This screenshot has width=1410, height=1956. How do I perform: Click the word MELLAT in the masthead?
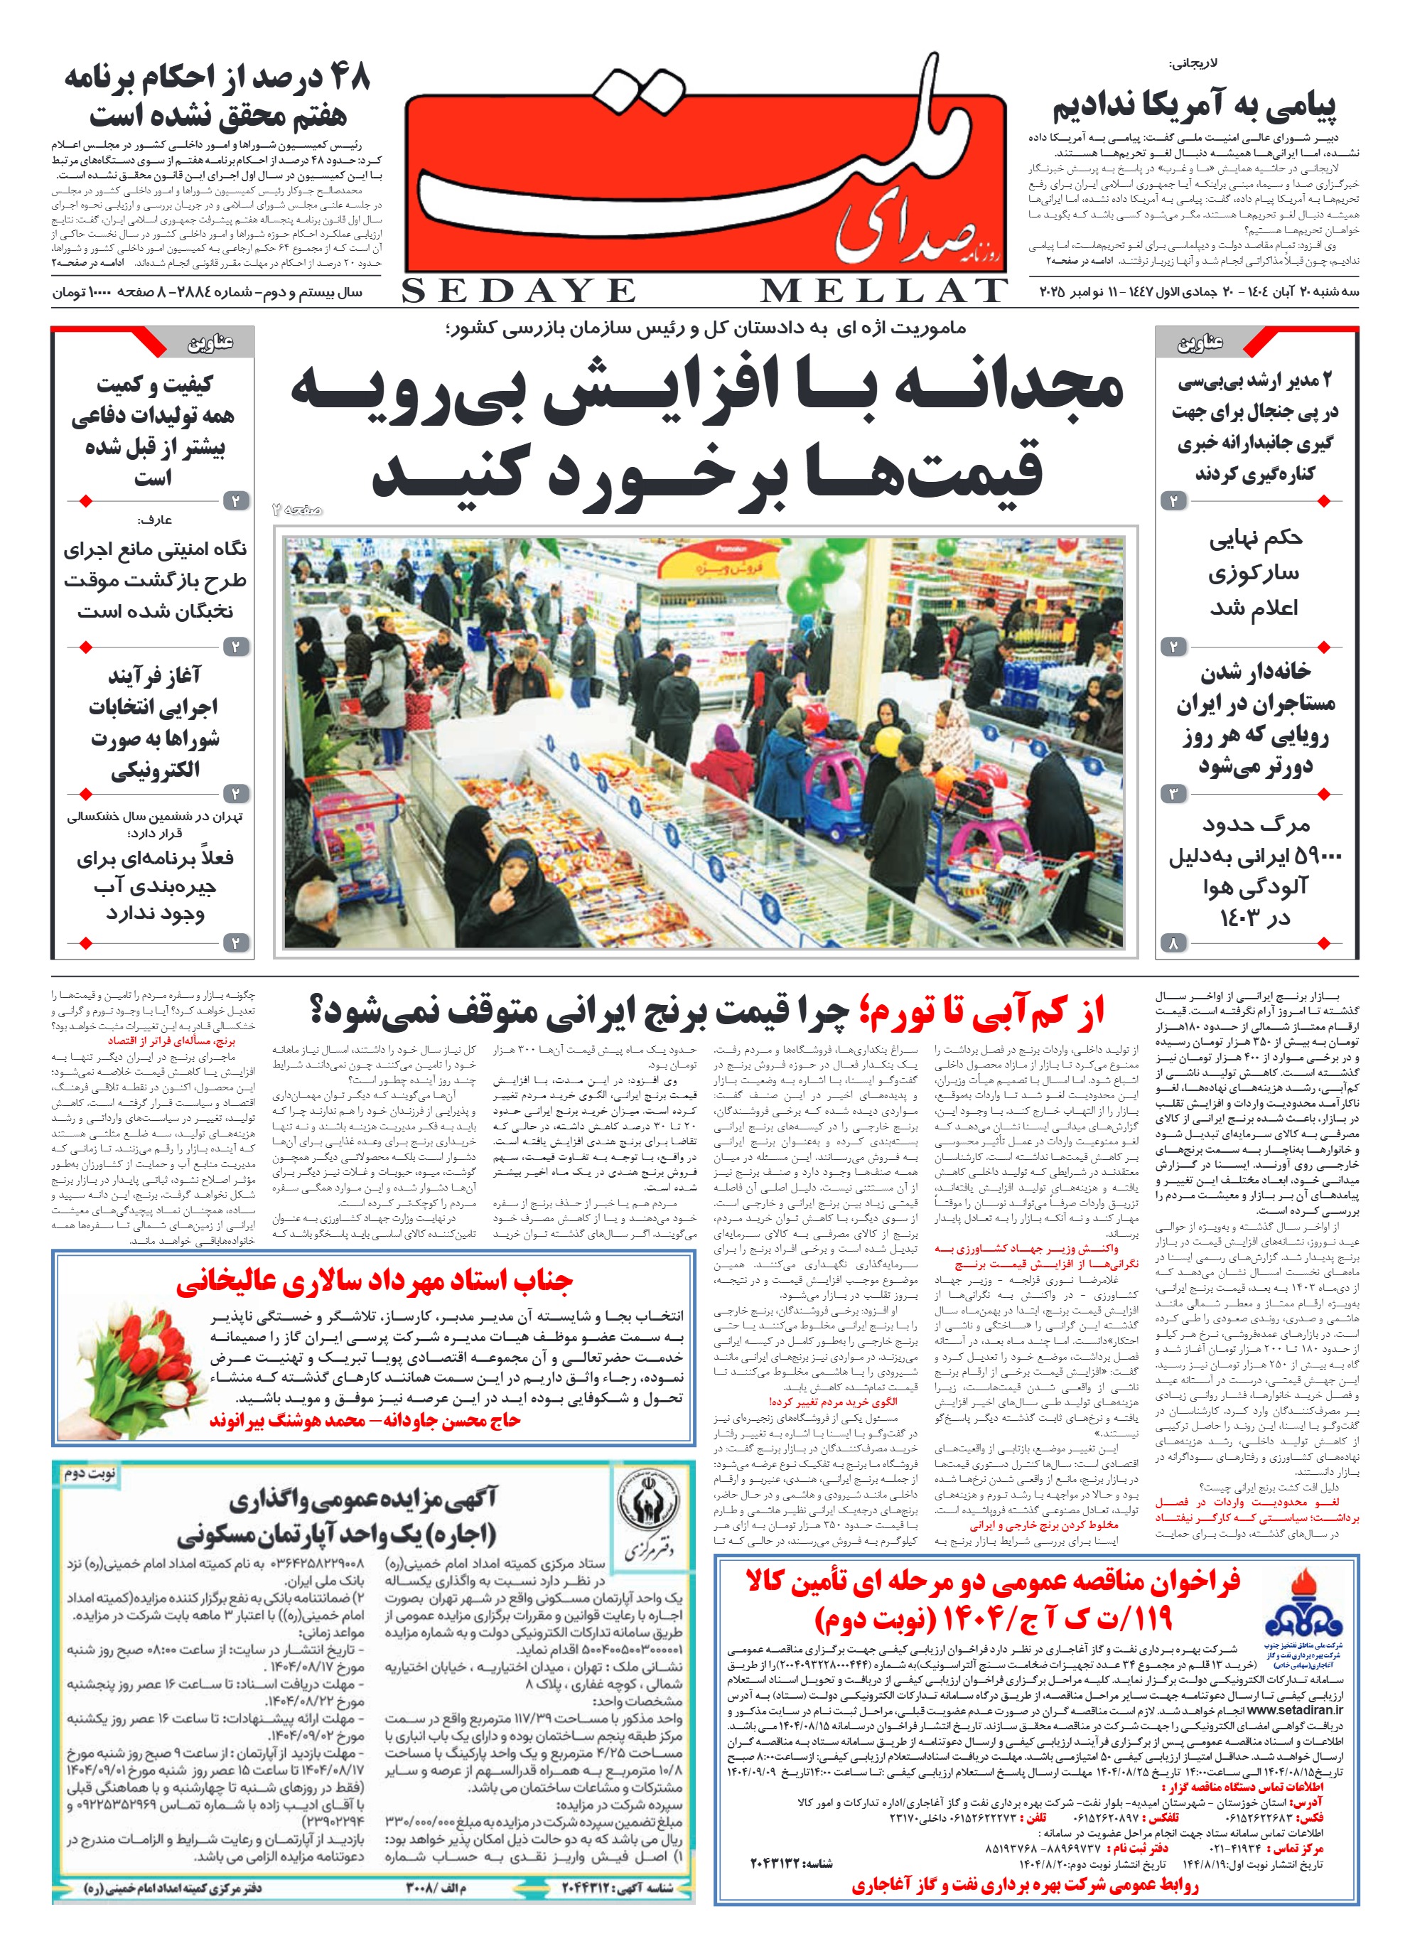tap(883, 291)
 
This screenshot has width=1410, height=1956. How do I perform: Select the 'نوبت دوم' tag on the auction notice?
tap(90, 1474)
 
